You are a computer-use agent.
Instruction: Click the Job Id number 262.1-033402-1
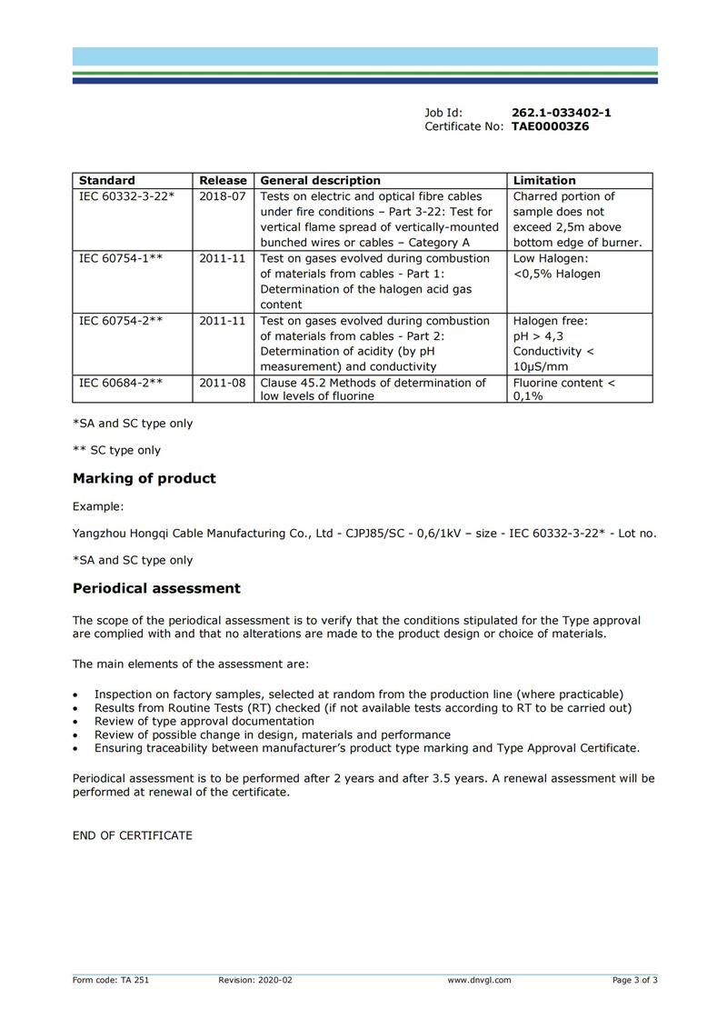point(561,113)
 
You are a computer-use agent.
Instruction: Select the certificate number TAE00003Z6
point(550,127)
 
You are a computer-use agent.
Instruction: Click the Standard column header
point(107,181)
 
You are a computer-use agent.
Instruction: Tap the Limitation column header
point(544,181)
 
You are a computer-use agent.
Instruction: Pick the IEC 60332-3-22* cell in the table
point(127,196)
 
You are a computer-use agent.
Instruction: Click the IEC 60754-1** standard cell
point(121,259)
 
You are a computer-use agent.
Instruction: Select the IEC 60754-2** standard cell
point(121,321)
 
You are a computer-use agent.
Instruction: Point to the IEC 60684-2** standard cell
point(121,384)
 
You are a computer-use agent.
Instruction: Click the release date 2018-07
point(223,196)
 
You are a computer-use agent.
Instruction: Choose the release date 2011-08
point(223,384)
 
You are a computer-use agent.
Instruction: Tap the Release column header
point(223,181)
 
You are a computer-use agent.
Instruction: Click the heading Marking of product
point(144,479)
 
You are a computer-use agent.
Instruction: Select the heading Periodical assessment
point(156,589)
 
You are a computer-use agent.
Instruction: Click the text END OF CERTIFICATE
point(133,835)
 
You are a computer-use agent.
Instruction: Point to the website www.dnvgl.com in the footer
point(479,980)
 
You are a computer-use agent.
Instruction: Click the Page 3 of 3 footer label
point(634,980)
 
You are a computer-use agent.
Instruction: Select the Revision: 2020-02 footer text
point(255,980)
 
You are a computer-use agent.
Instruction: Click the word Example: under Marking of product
point(98,506)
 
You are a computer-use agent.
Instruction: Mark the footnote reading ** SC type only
point(116,450)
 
